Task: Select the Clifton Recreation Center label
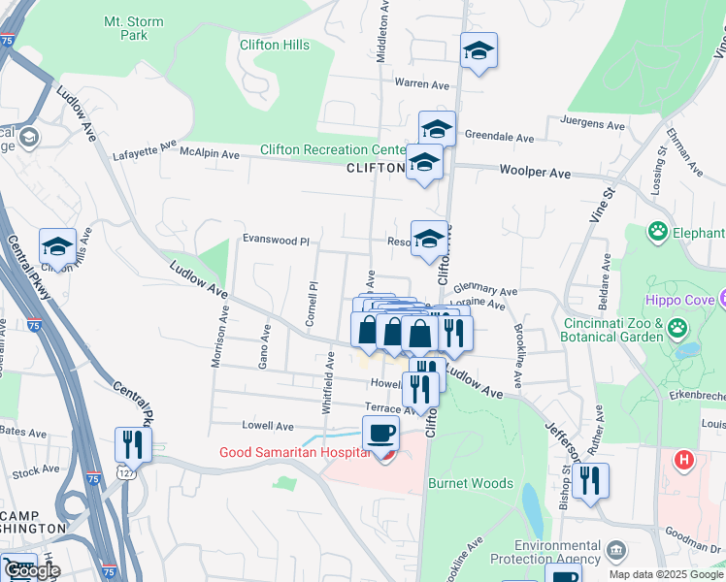pyautogui.click(x=332, y=150)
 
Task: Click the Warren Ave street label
pyautogui.click(x=421, y=84)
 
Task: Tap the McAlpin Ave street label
pyautogui.click(x=209, y=154)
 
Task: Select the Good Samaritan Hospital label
pyautogui.click(x=294, y=452)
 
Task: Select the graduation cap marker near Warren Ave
pyautogui.click(x=478, y=50)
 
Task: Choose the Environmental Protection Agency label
pyautogui.click(x=556, y=552)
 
